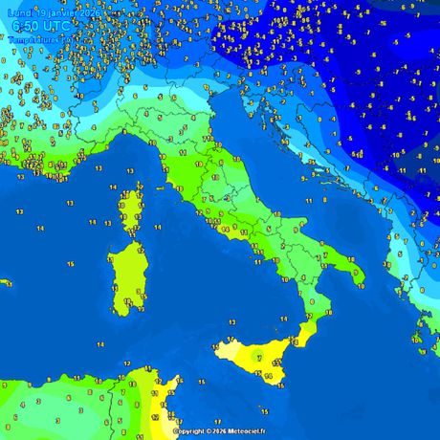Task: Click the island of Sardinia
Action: tap(125, 277)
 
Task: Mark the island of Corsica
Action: tap(128, 210)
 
